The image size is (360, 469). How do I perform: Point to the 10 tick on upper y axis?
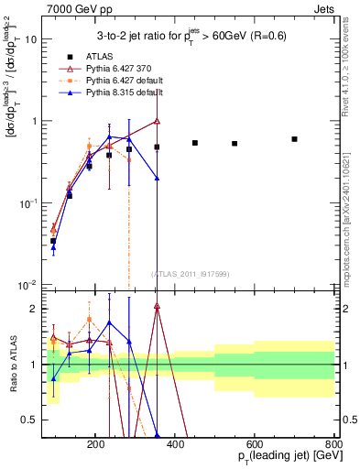[31, 39]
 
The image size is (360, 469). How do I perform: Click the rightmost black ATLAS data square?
[294, 139]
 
